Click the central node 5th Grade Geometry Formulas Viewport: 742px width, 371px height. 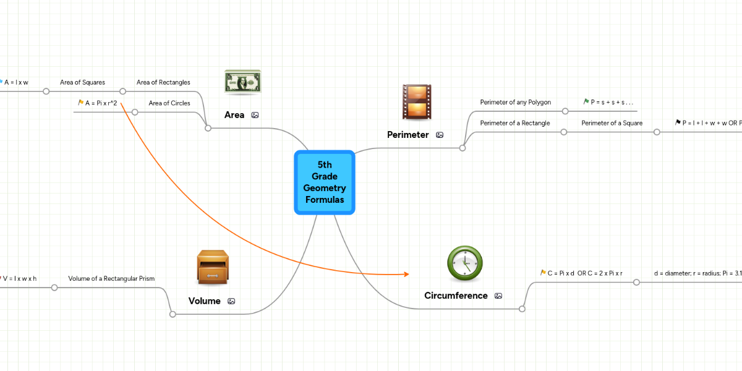click(325, 182)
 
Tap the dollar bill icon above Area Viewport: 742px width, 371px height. click(242, 82)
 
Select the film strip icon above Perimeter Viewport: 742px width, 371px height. click(417, 102)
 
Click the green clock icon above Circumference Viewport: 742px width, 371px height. click(464, 263)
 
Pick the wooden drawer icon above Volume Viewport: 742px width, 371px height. click(213, 267)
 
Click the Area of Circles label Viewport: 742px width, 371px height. click(169, 103)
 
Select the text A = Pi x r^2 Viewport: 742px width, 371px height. click(101, 103)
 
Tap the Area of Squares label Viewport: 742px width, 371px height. click(82, 82)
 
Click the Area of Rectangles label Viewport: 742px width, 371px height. click(163, 82)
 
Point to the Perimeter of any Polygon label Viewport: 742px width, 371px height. click(515, 102)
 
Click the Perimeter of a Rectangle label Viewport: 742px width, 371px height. click(514, 123)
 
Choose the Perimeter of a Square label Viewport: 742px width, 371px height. click(612, 123)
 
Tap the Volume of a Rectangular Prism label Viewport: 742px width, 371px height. click(111, 278)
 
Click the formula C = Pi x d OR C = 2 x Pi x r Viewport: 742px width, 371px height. click(584, 273)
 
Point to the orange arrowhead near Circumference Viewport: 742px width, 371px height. click(406, 274)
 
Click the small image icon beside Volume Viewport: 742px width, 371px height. click(231, 301)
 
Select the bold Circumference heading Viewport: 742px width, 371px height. click(456, 296)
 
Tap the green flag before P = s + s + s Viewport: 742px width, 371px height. click(586, 101)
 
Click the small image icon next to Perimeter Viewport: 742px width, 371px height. click(440, 135)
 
